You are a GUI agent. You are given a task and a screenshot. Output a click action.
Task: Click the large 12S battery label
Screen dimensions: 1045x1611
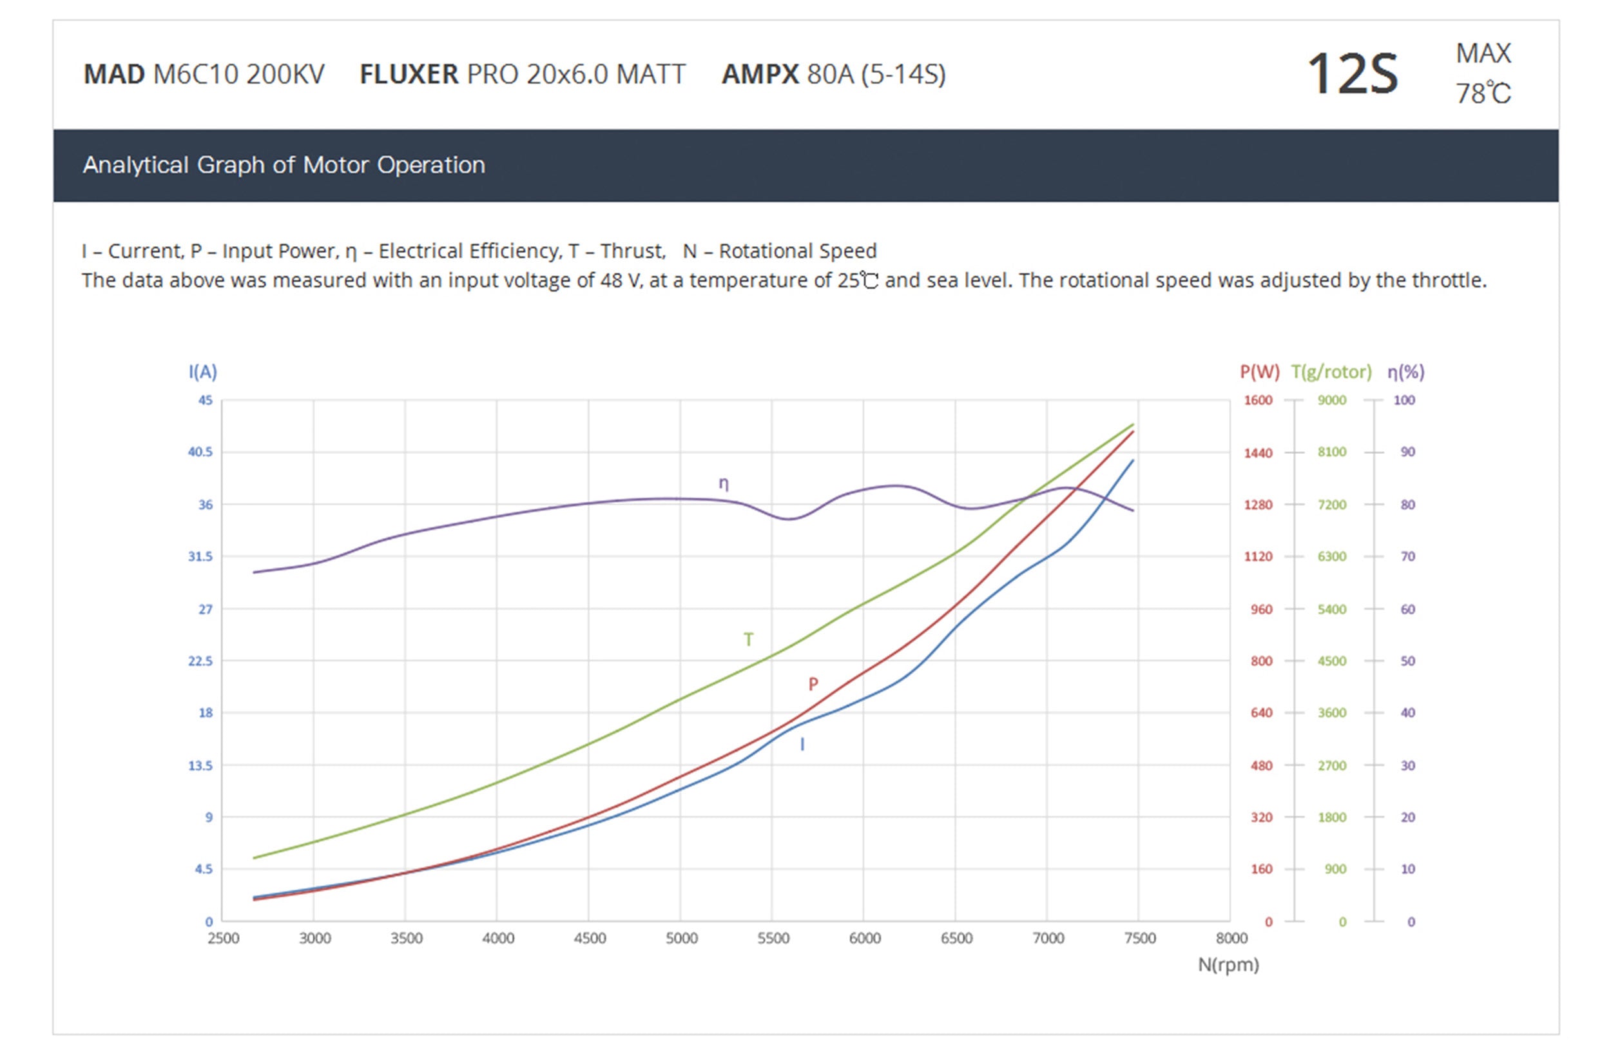coord(1352,74)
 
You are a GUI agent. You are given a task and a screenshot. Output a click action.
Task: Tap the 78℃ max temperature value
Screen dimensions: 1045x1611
coord(1483,93)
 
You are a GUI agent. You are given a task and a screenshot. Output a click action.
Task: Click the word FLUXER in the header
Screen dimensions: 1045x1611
coord(408,74)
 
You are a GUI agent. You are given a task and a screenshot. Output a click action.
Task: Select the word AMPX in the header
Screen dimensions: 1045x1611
coord(760,74)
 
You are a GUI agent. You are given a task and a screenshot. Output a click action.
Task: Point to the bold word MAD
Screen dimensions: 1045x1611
coord(113,74)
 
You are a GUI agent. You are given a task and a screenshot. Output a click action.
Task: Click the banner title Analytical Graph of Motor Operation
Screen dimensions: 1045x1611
coord(284,165)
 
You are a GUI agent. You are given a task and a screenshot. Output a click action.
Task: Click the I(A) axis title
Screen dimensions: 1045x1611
coord(202,371)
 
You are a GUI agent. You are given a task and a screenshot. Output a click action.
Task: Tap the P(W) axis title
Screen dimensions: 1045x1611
coord(1259,371)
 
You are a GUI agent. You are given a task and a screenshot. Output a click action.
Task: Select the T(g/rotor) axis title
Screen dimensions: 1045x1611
coord(1331,371)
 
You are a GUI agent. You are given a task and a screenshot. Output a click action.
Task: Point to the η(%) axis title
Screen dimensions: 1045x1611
coord(1405,371)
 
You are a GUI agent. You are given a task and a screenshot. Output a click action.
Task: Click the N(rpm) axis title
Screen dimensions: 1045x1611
coord(1228,964)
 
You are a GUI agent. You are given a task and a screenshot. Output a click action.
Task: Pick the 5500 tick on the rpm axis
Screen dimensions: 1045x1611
coord(773,938)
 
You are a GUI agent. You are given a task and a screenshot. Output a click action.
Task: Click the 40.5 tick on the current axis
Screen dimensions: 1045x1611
coord(200,452)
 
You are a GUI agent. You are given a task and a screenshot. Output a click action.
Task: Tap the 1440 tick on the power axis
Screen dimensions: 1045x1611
coord(1258,453)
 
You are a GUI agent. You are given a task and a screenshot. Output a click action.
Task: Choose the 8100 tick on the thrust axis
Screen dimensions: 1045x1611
coord(1331,452)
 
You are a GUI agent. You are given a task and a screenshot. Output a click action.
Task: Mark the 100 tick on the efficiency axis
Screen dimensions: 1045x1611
coord(1404,400)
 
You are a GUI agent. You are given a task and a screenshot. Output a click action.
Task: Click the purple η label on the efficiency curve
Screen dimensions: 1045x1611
coord(723,483)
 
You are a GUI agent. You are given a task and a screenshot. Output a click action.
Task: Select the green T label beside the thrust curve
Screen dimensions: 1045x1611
coord(748,640)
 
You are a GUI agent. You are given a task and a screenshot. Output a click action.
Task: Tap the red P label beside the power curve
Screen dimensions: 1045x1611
coord(813,684)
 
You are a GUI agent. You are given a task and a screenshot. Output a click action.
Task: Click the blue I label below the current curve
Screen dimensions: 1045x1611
coord(802,745)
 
